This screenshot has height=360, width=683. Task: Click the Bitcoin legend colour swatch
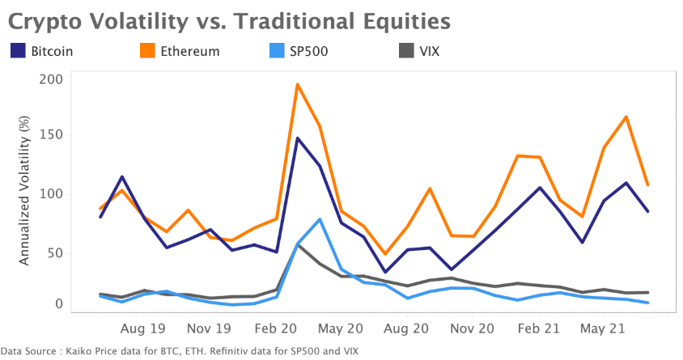tap(18, 51)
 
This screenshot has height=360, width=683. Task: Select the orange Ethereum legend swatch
tap(147, 51)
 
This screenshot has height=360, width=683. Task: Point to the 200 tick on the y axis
tap(50, 78)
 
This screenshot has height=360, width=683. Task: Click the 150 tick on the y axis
tap(50, 135)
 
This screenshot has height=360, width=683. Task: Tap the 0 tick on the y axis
tap(58, 304)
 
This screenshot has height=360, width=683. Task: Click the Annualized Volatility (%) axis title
tap(24, 191)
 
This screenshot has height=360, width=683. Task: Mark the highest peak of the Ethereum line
tap(298, 84)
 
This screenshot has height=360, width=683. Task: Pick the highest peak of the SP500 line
tap(320, 219)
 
